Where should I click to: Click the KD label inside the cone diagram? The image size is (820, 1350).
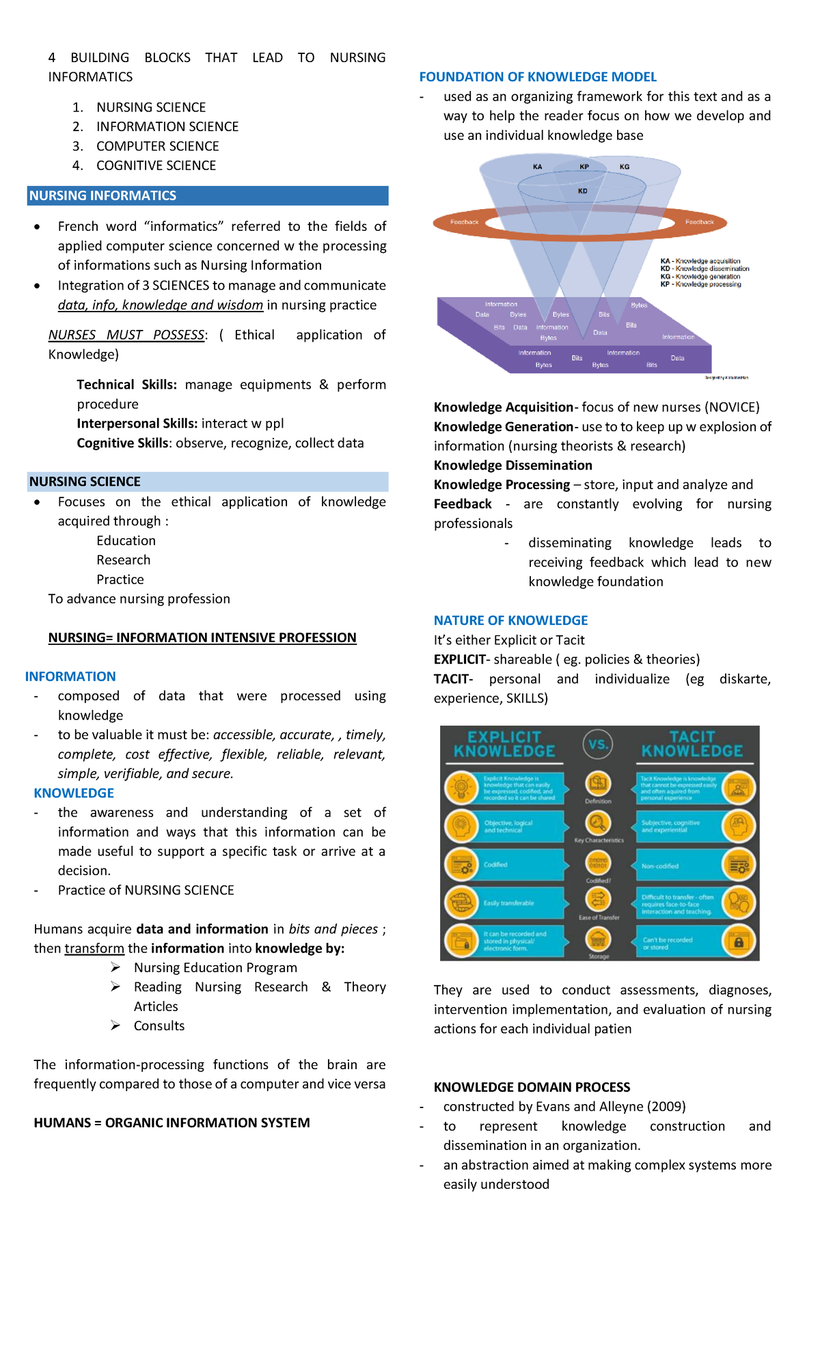[x=582, y=191]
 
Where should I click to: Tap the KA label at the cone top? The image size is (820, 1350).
[x=537, y=167]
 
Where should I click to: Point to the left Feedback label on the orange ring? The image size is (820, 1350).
[x=465, y=222]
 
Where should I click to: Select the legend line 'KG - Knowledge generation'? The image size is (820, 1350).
[x=700, y=277]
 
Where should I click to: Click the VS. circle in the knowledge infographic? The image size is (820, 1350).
[x=598, y=744]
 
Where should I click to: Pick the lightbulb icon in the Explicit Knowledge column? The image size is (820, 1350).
[x=461, y=787]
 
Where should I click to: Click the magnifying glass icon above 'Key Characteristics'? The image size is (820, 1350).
[x=598, y=823]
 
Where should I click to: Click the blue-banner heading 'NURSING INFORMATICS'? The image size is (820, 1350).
[x=102, y=195]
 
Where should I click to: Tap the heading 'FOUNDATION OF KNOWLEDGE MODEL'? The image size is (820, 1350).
[x=538, y=77]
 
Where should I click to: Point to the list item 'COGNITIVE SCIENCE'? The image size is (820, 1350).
[x=156, y=165]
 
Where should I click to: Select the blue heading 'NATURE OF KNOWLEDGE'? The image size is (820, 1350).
[x=510, y=620]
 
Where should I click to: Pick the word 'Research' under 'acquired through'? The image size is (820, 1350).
[x=123, y=560]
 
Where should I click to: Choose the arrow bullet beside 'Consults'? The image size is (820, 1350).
[x=116, y=1026]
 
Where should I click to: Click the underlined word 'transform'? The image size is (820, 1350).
[x=94, y=948]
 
